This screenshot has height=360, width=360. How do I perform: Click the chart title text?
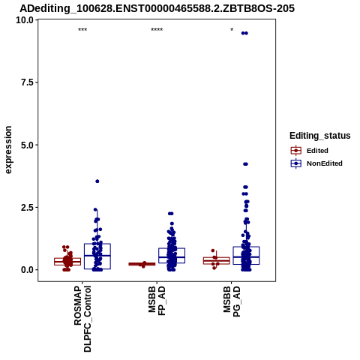[157, 8]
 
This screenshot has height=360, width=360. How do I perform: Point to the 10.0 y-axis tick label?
[25, 20]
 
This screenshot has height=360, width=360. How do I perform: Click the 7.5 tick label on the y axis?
[27, 82]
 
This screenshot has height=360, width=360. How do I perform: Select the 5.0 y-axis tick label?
[27, 145]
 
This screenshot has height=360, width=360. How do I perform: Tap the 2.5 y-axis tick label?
[27, 207]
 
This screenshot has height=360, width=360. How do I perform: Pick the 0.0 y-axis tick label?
[27, 270]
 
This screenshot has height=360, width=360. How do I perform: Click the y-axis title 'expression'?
[8, 150]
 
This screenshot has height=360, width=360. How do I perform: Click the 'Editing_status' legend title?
[320, 136]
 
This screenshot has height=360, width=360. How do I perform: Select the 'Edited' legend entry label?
[317, 151]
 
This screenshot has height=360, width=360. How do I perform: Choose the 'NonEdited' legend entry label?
[325, 163]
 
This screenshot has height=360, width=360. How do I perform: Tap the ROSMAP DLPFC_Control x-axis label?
[82, 319]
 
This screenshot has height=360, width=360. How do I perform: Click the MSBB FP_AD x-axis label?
[157, 301]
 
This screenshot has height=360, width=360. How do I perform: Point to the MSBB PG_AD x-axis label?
[232, 301]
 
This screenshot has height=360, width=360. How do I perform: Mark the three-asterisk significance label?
[82, 30]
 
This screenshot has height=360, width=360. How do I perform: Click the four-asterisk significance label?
[157, 30]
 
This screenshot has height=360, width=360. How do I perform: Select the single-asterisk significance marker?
[232, 30]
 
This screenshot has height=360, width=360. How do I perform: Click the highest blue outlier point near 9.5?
[244, 33]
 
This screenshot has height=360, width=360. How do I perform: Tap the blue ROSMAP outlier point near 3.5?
[97, 181]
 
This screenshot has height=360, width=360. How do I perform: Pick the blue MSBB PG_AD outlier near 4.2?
[245, 164]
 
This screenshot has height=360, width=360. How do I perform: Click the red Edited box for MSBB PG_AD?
[217, 261]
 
